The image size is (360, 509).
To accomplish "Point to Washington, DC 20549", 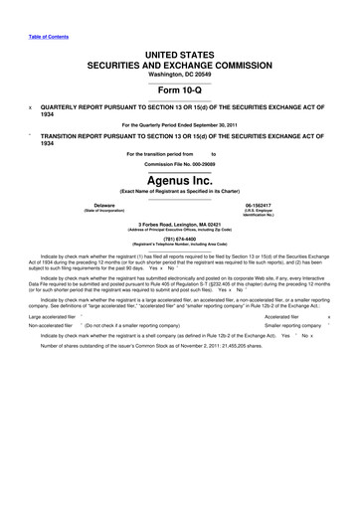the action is coord(180,73).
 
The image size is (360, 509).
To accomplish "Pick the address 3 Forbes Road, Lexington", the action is coord(180,224).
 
